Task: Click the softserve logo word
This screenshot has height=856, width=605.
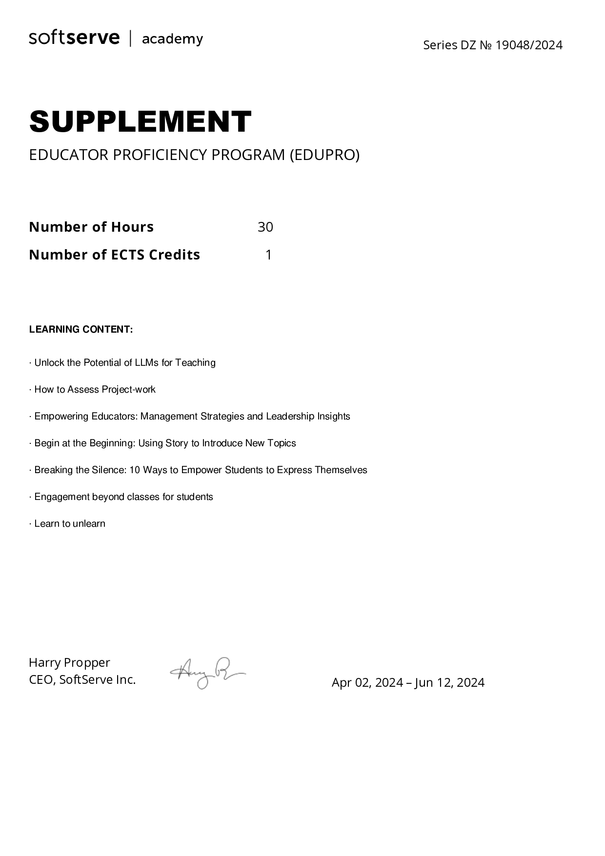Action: (74, 38)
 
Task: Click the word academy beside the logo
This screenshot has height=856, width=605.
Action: (172, 39)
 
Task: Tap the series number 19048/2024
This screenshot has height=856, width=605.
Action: (529, 45)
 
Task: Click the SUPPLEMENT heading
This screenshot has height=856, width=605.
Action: (141, 121)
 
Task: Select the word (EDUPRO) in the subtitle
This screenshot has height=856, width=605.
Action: (324, 155)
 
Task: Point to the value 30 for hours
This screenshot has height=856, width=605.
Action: (265, 227)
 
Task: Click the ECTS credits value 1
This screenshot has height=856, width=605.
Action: (268, 255)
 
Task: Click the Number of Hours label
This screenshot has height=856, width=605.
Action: (91, 227)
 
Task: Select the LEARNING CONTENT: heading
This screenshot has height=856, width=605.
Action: (81, 329)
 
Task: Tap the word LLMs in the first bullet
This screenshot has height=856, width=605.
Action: (146, 362)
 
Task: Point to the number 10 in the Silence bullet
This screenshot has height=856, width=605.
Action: (135, 470)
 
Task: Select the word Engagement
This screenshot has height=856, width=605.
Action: (62, 497)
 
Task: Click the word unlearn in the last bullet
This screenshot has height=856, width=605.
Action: (89, 523)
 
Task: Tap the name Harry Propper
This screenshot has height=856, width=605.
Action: (69, 662)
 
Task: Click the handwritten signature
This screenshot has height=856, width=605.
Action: (207, 673)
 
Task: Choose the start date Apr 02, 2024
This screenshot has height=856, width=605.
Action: (367, 682)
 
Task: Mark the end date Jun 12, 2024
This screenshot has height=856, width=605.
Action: (449, 682)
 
